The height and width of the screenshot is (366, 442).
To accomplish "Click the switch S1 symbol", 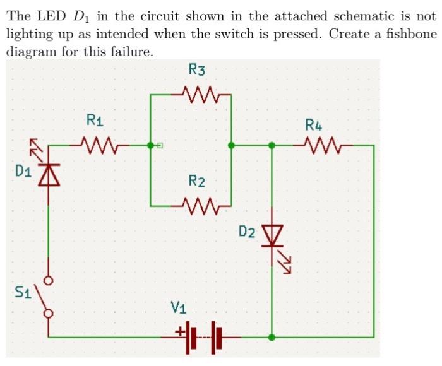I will tap(45, 296).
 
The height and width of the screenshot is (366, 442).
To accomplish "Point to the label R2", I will tap(197, 182).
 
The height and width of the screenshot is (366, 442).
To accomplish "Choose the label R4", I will tap(314, 124).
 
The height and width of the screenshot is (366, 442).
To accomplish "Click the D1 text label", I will tap(23, 170).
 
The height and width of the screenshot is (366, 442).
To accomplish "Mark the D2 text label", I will tap(248, 232).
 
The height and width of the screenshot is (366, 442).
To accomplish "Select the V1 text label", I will tap(179, 309).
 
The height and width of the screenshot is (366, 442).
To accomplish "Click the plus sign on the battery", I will tap(179, 329).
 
